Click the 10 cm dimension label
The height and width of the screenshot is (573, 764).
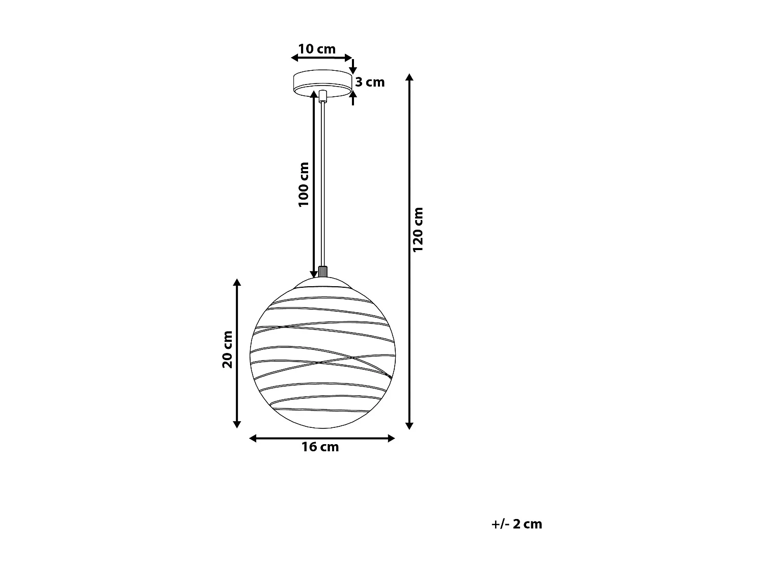tap(317, 49)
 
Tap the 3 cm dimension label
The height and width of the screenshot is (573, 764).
tap(370, 82)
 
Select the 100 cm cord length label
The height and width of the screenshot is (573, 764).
tap(304, 184)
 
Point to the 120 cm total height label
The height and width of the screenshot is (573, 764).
tap(418, 229)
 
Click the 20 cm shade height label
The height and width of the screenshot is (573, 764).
tap(227, 349)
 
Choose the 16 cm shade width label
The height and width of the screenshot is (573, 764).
tap(320, 447)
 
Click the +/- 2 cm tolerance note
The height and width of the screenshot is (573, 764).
tap(517, 524)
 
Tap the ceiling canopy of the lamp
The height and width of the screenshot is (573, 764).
tap(322, 82)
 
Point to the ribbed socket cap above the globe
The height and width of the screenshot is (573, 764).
tap(322, 271)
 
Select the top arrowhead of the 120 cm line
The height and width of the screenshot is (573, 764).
tap(409, 77)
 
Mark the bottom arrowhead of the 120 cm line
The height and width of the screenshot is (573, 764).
tap(409, 425)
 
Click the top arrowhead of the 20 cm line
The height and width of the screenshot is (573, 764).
tap(236, 283)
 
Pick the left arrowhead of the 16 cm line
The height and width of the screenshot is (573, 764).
tap(253, 438)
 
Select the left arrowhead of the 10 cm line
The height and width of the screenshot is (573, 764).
tap(294, 58)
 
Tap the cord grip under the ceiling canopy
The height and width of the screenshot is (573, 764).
tap(322, 95)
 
